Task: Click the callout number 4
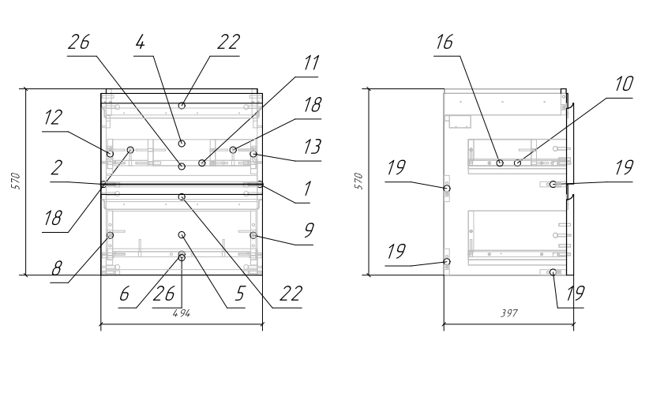[x=141, y=42]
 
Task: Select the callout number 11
[x=312, y=63]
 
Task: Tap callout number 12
[x=54, y=118]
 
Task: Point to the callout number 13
[x=313, y=147]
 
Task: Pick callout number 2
[x=56, y=168]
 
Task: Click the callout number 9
[x=309, y=230]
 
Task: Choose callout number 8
[x=57, y=268]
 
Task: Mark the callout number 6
[x=124, y=294]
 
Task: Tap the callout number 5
[x=240, y=294]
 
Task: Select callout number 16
[x=445, y=42]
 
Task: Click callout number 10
[x=625, y=84]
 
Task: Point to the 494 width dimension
[x=182, y=313]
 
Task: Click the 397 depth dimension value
[x=508, y=313]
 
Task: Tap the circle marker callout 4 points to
[x=182, y=144]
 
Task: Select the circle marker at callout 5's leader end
[x=182, y=235]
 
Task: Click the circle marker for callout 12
[x=110, y=154]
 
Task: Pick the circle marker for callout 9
[x=253, y=235]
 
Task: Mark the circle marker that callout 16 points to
[x=500, y=163]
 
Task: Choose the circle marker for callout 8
[x=110, y=235]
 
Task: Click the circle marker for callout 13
[x=253, y=154]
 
